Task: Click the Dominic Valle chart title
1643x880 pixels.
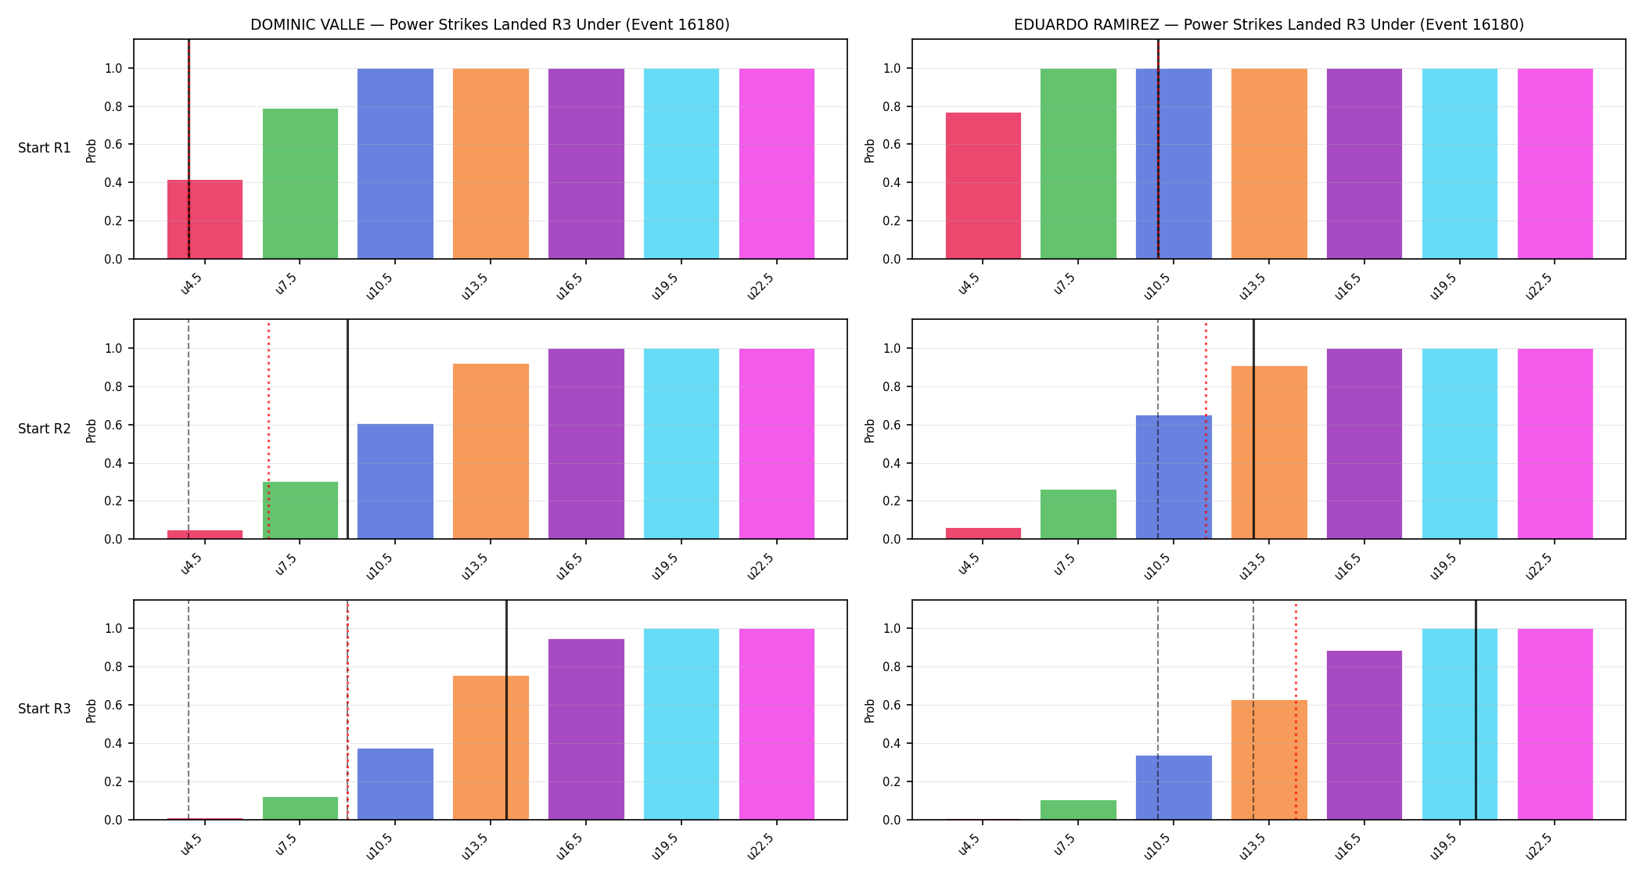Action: coord(490,25)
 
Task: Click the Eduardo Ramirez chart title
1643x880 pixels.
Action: coord(1269,25)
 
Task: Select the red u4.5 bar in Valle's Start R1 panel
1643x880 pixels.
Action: coord(205,219)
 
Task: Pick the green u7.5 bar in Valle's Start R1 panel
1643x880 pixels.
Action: coord(300,184)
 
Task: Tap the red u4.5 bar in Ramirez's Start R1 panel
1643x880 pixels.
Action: coord(983,185)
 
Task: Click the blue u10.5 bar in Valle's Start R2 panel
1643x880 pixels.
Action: coord(395,481)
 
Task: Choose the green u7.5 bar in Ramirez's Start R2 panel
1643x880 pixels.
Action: coord(1078,514)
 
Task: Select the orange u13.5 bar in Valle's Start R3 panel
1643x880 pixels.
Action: coord(491,748)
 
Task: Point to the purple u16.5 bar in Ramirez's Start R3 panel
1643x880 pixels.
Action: coord(1364,735)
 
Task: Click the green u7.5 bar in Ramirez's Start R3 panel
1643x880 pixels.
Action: coord(1078,810)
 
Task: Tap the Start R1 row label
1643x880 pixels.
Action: coord(45,148)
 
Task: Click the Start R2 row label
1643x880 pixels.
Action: coord(45,429)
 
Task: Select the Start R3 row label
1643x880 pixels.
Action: coord(45,709)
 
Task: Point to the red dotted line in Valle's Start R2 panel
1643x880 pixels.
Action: coord(268,429)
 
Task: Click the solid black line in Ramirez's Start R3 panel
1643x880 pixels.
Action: coord(1476,709)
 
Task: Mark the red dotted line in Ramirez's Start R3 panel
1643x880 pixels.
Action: coord(1296,709)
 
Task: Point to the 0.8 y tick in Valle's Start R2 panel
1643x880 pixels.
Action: coord(113,386)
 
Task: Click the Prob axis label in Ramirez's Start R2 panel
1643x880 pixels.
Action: coord(869,430)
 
